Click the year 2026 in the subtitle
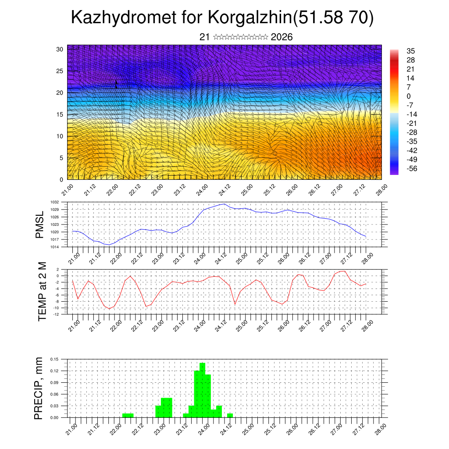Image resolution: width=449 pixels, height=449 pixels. [282, 37]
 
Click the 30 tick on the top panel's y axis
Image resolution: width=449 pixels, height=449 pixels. [60, 49]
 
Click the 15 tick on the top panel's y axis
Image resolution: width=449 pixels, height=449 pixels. [60, 114]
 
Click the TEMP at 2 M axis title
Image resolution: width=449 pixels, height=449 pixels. [42, 292]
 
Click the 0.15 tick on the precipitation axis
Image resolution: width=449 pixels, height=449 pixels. [55, 359]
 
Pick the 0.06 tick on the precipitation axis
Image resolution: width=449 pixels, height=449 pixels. [55, 394]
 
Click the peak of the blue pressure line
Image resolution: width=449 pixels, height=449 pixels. [224, 204]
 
